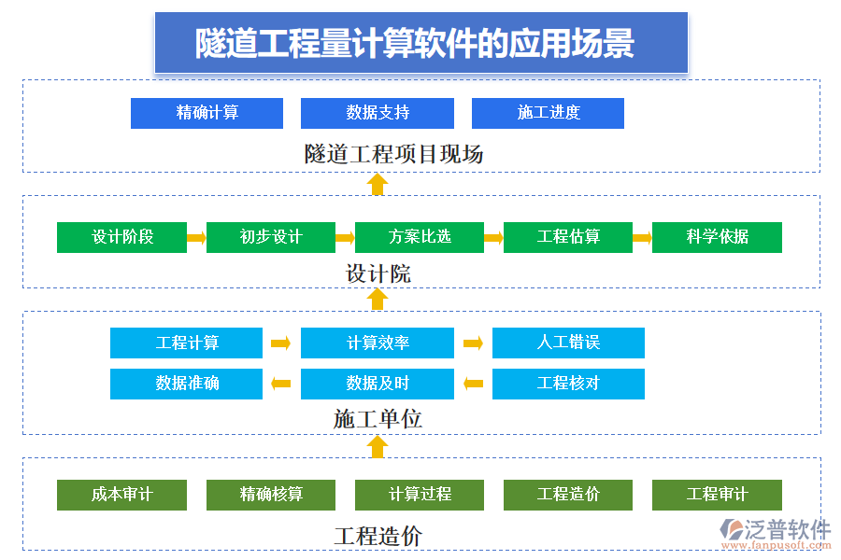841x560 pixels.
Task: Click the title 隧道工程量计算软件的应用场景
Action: (x=420, y=43)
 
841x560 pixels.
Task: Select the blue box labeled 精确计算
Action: (x=207, y=113)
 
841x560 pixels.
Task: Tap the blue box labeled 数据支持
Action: (x=377, y=113)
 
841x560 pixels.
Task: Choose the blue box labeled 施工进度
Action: (x=548, y=113)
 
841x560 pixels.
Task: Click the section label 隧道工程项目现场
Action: (x=393, y=154)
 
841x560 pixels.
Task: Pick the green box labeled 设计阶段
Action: (x=121, y=237)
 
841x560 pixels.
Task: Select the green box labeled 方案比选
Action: (x=420, y=237)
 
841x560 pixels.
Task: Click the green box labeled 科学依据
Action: (x=717, y=237)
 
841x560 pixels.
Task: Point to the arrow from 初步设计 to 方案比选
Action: (x=345, y=238)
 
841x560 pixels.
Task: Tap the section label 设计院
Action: (x=378, y=274)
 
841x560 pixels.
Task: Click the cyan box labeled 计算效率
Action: (x=377, y=343)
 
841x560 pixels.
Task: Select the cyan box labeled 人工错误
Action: (x=568, y=343)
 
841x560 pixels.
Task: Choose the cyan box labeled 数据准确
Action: (x=186, y=384)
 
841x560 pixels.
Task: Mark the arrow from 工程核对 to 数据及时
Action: (x=473, y=384)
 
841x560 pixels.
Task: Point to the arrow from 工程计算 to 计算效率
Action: (x=280, y=343)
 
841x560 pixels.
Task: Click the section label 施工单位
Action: (x=378, y=419)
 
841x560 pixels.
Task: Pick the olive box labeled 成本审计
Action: (x=121, y=495)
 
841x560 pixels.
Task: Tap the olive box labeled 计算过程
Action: (x=420, y=495)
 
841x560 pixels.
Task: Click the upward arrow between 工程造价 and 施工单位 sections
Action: (x=378, y=446)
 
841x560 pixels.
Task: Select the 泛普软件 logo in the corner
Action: (x=777, y=532)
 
